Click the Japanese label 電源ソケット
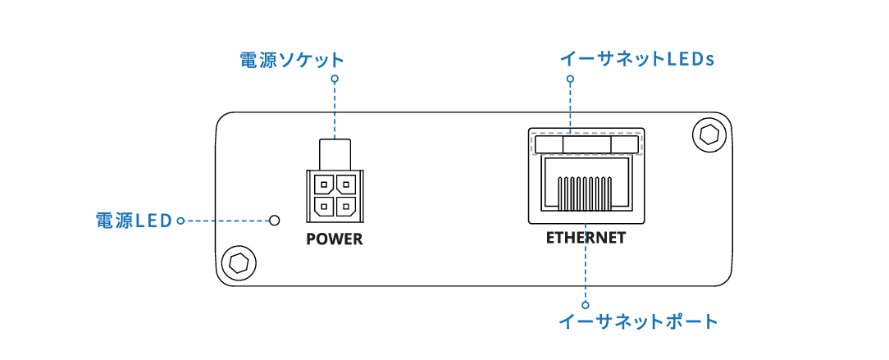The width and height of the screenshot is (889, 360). [291, 60]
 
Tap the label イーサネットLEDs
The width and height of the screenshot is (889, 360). [638, 59]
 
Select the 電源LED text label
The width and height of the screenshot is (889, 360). [133, 221]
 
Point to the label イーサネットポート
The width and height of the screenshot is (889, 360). [638, 321]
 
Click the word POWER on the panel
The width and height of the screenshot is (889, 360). [334, 240]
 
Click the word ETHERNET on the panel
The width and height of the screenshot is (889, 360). [586, 239]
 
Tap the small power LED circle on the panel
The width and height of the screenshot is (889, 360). [275, 221]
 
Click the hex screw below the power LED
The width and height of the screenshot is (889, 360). [239, 262]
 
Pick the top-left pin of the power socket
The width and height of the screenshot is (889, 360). [325, 185]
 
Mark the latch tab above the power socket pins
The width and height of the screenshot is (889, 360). [335, 153]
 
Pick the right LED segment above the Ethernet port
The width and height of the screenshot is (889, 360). [624, 145]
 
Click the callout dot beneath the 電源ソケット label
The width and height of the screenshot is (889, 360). [335, 79]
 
